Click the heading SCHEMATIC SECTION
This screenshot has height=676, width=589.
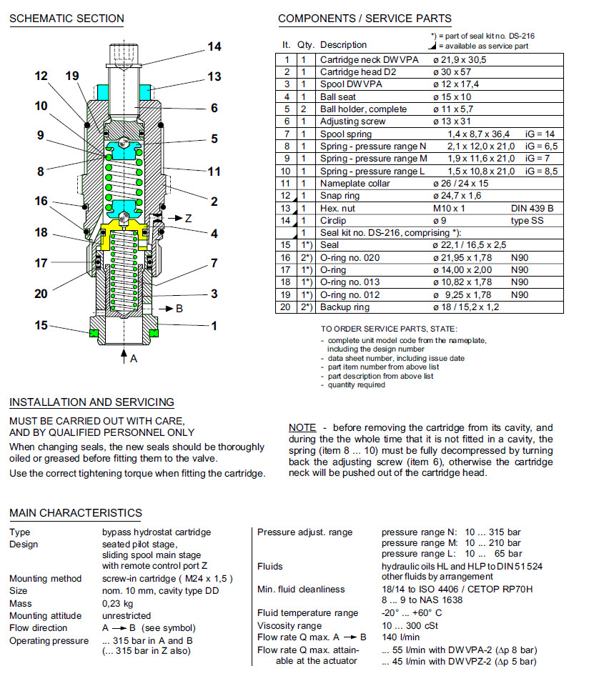point(66,19)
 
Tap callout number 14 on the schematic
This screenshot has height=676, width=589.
point(214,47)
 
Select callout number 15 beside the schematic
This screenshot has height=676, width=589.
point(41,325)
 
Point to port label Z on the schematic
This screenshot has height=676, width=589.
point(189,219)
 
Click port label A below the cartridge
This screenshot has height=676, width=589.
point(134,359)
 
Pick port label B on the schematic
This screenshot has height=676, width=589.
point(179,309)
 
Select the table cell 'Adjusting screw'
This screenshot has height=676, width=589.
point(352,121)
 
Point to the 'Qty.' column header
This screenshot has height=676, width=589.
point(306,45)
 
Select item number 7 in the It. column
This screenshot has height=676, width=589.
point(287,134)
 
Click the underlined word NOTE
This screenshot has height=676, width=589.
point(302,427)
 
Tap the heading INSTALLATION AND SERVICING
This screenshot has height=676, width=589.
point(91,402)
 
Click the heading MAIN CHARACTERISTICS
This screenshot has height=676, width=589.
point(76,513)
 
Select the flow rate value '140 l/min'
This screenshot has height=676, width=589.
point(400,637)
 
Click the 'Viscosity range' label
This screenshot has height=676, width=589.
point(291,625)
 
